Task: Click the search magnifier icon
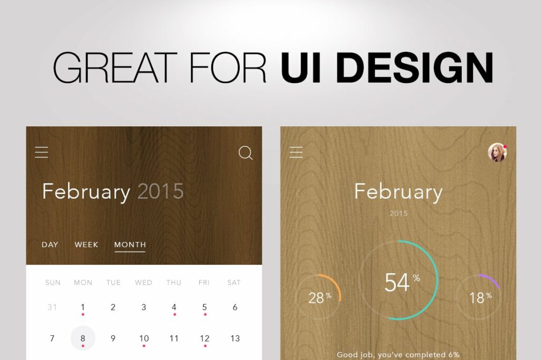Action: coord(246,153)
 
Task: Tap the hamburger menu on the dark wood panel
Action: coord(42,153)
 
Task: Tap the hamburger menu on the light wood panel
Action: coord(296,153)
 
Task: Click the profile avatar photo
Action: coord(497,152)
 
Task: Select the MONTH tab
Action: coord(130,245)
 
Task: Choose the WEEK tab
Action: coord(86,245)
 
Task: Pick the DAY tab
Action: coord(50,245)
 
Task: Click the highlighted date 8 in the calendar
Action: coord(83,338)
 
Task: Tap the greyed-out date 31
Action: coord(52,307)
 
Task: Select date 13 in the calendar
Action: coord(235,338)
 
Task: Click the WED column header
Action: coord(144,283)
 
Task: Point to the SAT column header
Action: coord(234,283)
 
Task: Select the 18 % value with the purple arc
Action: coord(480,297)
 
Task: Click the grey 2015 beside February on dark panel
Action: coord(161,191)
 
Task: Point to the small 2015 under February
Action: coord(399,214)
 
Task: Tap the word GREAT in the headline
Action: coord(115,67)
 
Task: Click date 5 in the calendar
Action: coord(204,307)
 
